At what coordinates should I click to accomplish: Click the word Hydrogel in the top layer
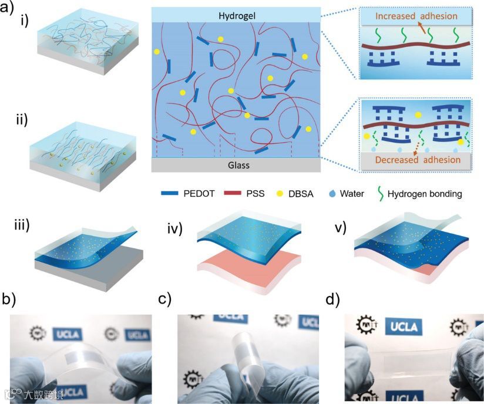235,14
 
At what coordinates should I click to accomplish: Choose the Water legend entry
351,193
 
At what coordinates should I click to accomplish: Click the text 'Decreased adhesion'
415,160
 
